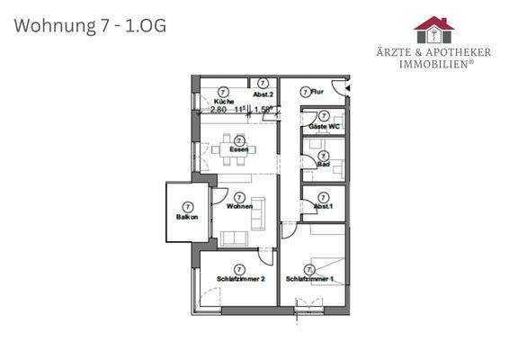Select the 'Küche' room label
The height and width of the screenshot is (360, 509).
tap(212, 101)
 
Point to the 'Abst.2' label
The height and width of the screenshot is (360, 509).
tap(263, 94)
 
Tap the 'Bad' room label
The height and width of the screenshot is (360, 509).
tap(322, 166)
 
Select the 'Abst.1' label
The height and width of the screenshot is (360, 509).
tap(322, 207)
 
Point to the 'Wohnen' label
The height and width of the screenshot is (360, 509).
tap(239, 207)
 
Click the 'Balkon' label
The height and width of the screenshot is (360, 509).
tap(187, 218)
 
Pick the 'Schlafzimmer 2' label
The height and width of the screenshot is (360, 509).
tap(240, 279)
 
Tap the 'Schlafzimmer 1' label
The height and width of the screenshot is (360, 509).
tap(309, 279)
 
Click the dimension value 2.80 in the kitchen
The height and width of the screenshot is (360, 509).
tap(219, 109)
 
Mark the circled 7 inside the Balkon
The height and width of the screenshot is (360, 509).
tap(187, 207)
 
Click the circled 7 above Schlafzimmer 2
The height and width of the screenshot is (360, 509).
tap(240, 268)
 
